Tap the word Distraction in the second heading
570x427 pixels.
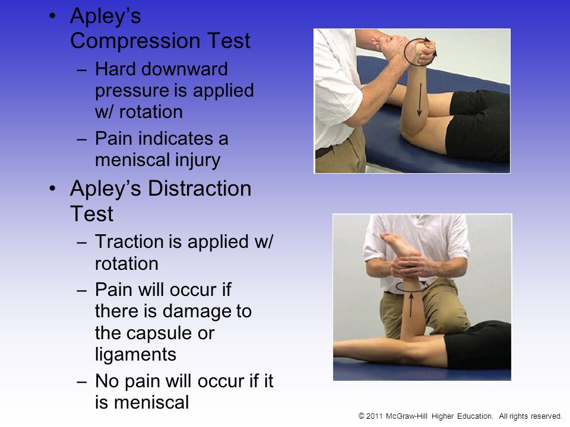[199, 189]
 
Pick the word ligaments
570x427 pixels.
[135, 355]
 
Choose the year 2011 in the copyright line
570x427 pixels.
[375, 416]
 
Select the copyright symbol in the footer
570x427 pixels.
[362, 416]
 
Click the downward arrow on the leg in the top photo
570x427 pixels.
[420, 100]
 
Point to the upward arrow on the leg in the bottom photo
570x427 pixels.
[411, 305]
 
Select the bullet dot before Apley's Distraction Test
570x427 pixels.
[53, 188]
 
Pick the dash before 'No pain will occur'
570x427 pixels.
[82, 382]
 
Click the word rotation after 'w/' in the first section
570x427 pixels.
[151, 112]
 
